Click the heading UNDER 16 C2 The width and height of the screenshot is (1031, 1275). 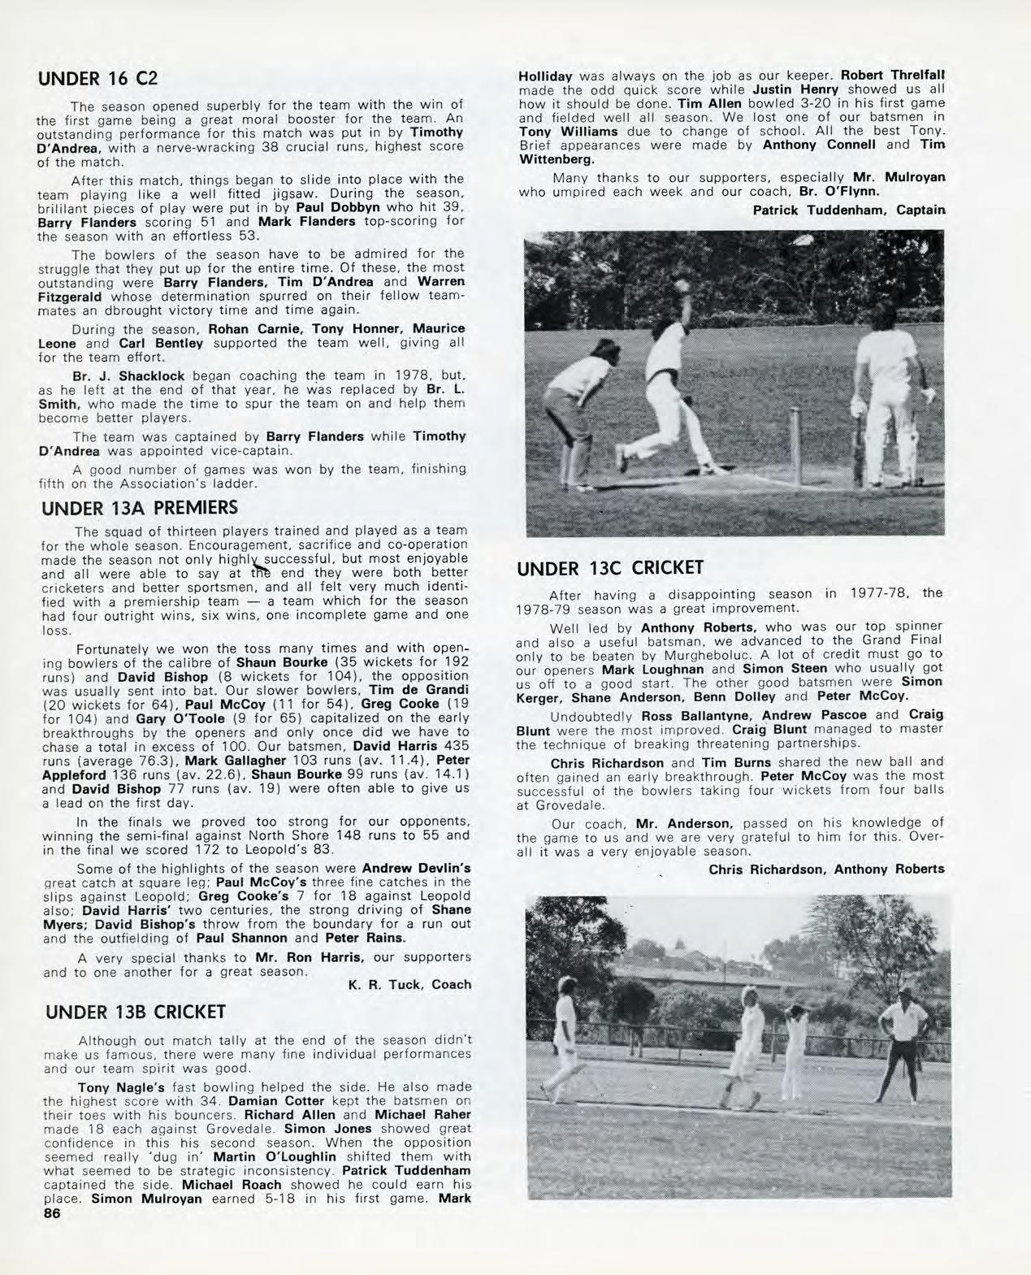click(97, 79)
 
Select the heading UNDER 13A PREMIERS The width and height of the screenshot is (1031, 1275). click(139, 508)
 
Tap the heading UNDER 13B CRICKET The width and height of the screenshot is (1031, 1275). click(136, 1012)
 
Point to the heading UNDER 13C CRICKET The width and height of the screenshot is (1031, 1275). click(610, 567)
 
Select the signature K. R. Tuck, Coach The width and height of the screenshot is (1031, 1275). click(409, 984)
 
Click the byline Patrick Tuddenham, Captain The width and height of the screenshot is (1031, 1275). click(849, 210)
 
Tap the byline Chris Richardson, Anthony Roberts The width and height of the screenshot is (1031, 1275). click(826, 869)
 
